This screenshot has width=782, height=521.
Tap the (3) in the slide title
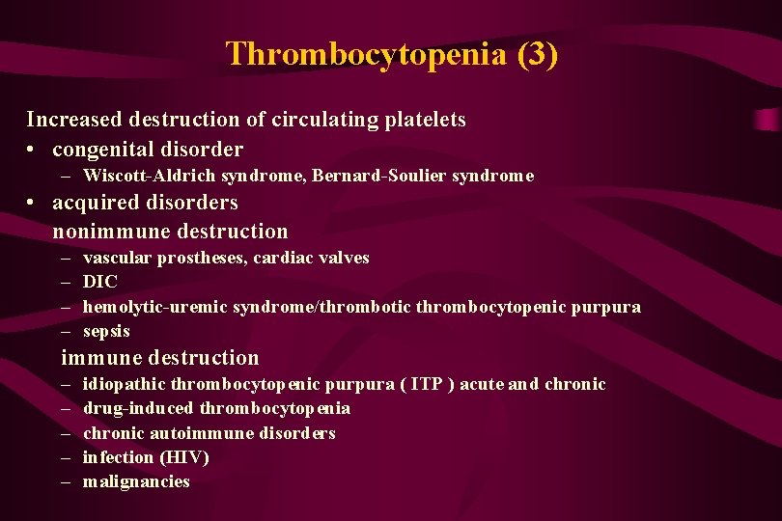pos(537,54)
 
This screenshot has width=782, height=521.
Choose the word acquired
pos(95,203)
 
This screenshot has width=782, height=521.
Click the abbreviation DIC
pos(100,282)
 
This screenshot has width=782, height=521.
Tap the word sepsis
pos(106,331)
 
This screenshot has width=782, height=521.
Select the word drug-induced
pos(138,408)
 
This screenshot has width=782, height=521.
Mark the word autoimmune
pos(206,433)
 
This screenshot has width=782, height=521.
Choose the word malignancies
pos(136,481)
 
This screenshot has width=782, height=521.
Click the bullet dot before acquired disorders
pos(33,204)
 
